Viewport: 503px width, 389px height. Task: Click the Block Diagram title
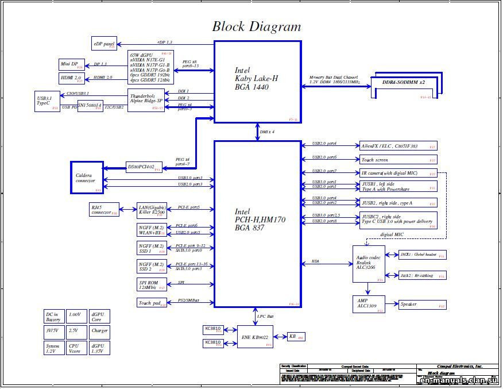(256, 26)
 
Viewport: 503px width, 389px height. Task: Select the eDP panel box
(104, 44)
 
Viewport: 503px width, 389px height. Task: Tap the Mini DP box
(72, 64)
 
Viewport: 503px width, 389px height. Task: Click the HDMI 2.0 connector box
(72, 78)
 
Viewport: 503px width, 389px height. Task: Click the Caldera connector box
(87, 178)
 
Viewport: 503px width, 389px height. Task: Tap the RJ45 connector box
(104, 210)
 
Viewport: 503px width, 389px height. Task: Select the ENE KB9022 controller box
(256, 337)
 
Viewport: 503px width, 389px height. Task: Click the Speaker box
(421, 305)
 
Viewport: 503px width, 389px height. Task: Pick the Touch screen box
(398, 160)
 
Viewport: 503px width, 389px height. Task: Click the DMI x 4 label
(267, 132)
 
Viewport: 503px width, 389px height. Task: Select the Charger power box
(99, 331)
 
